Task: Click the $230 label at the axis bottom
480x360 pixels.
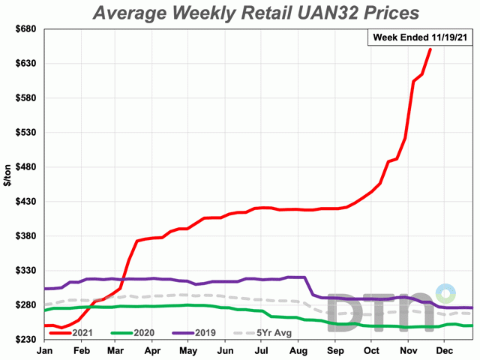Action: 25,340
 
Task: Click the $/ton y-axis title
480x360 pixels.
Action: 7,184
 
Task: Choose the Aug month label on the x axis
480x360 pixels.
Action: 298,350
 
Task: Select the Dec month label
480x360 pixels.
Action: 444,350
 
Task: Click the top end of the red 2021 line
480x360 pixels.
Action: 430,49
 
